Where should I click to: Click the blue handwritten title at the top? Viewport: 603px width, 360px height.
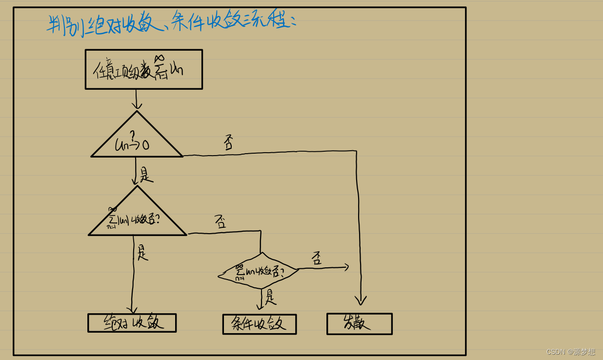coord(171,22)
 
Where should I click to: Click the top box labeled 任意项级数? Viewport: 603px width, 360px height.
coord(143,69)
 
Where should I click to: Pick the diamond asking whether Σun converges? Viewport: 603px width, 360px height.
coord(259,271)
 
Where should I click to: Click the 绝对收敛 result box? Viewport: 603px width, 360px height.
coord(132,323)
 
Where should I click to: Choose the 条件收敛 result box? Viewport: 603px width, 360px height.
coord(259,324)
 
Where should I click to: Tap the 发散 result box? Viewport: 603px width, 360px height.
coord(359,324)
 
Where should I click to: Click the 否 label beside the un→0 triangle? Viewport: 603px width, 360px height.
coord(229,143)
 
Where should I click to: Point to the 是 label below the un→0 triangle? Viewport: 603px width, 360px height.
coord(145,175)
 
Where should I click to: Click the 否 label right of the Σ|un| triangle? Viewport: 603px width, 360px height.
coord(221,222)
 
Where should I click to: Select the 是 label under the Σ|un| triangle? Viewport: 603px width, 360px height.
coord(142,252)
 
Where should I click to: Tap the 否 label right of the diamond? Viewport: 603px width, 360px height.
coord(317,258)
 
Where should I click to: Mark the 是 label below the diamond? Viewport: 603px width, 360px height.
coord(270,297)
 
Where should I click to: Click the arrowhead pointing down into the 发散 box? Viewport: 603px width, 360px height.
coord(361,300)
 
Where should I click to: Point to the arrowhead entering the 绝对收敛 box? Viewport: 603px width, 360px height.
coord(132,310)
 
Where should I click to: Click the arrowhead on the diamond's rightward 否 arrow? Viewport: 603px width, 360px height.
coord(346,267)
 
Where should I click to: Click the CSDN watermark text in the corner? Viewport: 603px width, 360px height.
coord(570,352)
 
